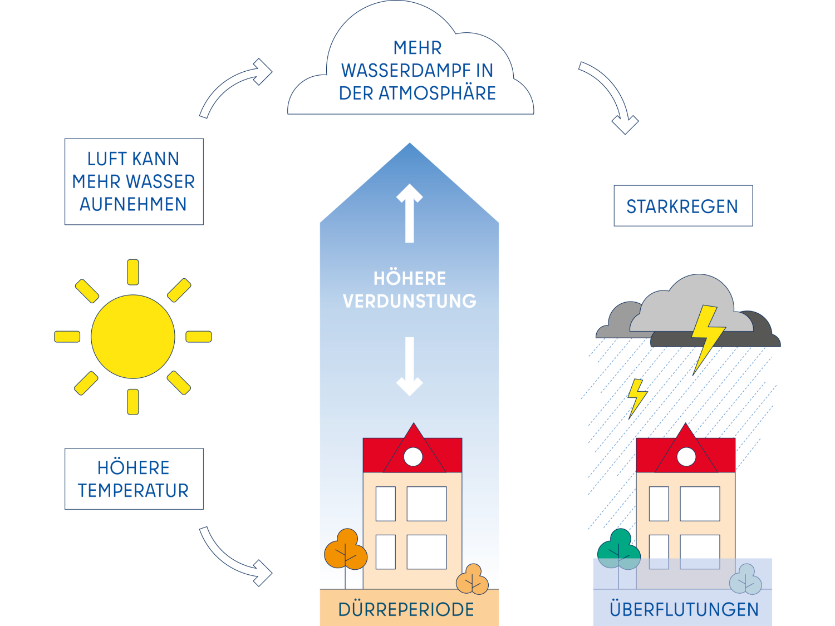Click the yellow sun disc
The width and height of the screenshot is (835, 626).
[x=133, y=337]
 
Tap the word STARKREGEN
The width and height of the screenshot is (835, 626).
[x=682, y=206]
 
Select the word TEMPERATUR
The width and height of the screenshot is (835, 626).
[x=134, y=491]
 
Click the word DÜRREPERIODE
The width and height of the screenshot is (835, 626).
[x=406, y=609]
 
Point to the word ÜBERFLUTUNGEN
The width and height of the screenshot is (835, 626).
[x=684, y=609]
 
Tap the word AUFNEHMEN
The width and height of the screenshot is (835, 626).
[x=133, y=204]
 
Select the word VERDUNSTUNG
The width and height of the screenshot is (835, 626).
[x=410, y=301]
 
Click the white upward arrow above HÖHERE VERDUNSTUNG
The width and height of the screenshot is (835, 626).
[x=410, y=213]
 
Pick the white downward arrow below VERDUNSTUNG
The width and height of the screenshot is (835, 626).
[x=410, y=366]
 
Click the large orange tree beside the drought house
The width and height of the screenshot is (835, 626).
[x=346, y=550]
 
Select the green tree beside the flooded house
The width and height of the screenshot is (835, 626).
[x=619, y=550]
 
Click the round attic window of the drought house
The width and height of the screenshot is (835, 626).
[x=413, y=457]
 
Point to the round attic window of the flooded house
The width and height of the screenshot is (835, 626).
[x=686, y=457]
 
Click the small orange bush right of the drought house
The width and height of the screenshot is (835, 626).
[x=472, y=580]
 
